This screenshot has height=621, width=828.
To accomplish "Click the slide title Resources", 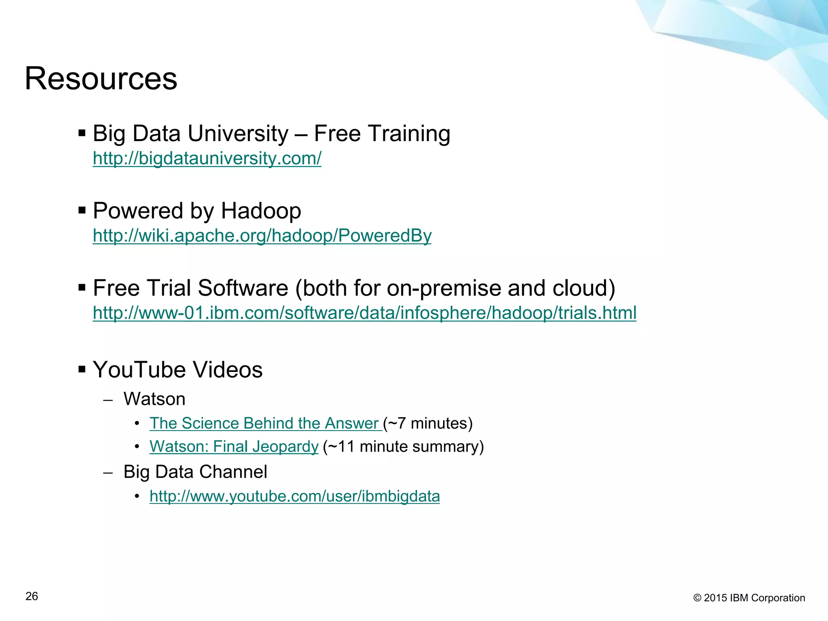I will (101, 78).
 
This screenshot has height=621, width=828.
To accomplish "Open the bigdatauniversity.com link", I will (207, 158).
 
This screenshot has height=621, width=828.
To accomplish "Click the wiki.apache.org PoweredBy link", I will (262, 235).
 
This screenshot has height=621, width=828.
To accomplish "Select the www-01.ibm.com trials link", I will (364, 313).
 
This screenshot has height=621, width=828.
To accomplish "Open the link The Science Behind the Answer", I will (265, 423).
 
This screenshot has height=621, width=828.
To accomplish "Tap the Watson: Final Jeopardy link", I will (234, 446).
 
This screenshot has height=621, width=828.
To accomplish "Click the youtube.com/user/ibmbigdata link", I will (294, 496).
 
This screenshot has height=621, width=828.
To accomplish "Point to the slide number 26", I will (32, 596).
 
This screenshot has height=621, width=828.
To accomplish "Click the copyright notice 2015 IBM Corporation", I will (749, 598).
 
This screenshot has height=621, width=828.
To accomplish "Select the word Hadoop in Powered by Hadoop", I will (261, 211).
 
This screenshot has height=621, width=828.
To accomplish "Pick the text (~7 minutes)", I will (428, 423).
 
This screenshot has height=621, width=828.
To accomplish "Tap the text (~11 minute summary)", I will (403, 446).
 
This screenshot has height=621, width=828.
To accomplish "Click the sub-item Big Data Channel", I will (195, 472).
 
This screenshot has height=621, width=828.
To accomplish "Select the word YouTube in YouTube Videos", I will (139, 370).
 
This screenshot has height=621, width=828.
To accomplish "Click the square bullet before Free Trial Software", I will (82, 288).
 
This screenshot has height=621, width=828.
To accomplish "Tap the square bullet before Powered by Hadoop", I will (82, 211).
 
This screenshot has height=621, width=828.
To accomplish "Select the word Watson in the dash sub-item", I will (154, 399).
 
